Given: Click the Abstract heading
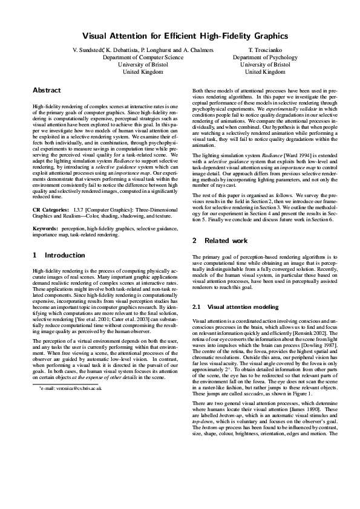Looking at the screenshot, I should [x=47, y=90].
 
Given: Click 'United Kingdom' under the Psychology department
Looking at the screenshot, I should [x=265, y=71].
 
